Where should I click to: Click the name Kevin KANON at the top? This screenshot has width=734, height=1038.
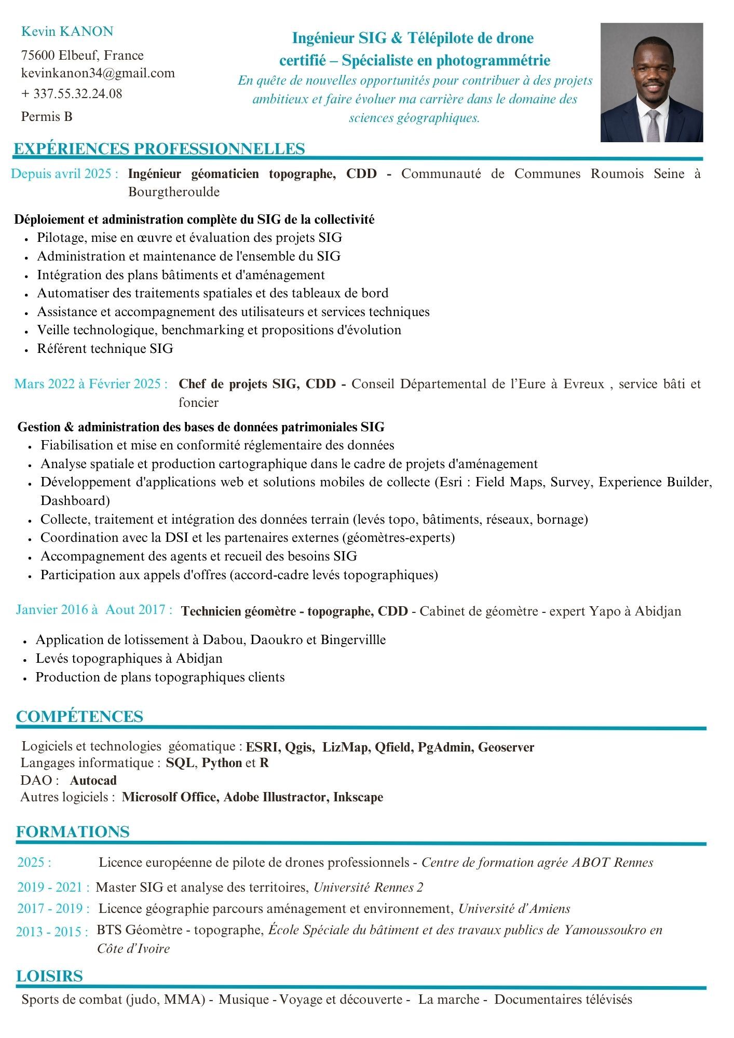click(x=67, y=32)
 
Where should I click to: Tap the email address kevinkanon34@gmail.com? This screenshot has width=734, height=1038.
click(x=98, y=73)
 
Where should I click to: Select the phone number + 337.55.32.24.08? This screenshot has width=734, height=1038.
click(x=72, y=94)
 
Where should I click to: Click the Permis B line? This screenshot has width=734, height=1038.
click(x=47, y=117)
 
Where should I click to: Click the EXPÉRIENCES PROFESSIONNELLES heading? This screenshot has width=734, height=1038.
click(x=159, y=149)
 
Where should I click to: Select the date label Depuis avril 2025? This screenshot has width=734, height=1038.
click(x=65, y=174)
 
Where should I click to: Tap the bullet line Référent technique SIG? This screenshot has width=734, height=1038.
click(x=105, y=349)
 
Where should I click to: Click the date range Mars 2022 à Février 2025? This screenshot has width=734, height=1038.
click(x=91, y=384)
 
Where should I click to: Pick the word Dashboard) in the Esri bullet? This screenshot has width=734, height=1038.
click(x=75, y=501)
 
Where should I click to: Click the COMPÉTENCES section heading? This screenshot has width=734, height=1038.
click(x=79, y=717)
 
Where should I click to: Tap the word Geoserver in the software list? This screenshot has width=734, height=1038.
click(x=506, y=747)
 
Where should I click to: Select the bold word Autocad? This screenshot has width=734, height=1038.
click(x=93, y=781)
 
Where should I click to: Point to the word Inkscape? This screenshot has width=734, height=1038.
click(x=358, y=797)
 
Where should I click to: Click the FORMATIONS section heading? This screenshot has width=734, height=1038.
click(x=73, y=832)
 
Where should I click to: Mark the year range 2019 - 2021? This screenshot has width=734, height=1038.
click(x=53, y=887)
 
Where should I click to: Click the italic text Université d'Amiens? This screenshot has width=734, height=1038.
click(x=514, y=909)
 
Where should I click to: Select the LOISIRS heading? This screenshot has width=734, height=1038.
click(x=49, y=976)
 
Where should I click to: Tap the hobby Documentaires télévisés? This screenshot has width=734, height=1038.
click(x=563, y=1000)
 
